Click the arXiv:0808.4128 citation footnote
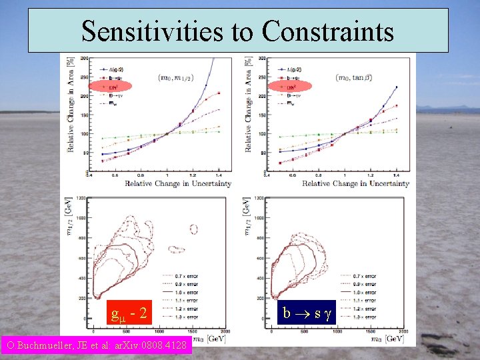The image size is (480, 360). tap(97, 345)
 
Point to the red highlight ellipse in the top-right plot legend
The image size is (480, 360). tap(288, 86)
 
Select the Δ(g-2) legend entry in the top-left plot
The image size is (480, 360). tap(112, 69)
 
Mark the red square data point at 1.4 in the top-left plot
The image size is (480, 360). tap(219, 93)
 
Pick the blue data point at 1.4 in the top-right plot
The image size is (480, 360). tap(396, 87)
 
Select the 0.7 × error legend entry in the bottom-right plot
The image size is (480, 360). tap(364, 275)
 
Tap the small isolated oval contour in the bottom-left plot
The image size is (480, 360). tap(193, 229)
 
